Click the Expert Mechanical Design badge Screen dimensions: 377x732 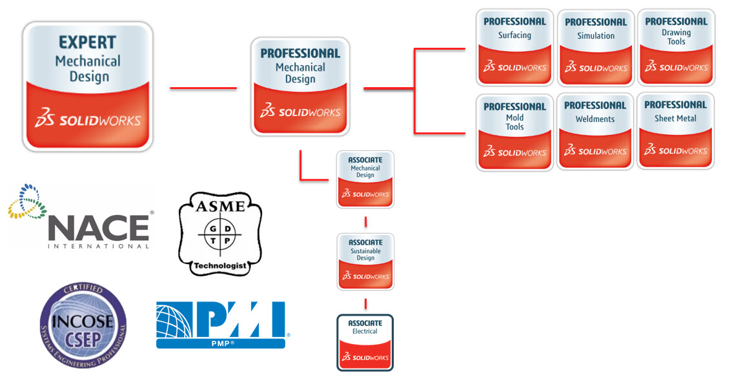click(x=88, y=87)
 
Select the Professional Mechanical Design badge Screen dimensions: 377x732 click(x=300, y=86)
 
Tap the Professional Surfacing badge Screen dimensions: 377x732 click(x=514, y=46)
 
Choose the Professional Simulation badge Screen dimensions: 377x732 click(x=596, y=47)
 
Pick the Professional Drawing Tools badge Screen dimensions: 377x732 click(x=676, y=46)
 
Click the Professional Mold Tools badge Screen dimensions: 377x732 click(x=514, y=132)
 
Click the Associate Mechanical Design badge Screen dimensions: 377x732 click(x=365, y=179)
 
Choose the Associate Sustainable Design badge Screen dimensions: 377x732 click(x=365, y=261)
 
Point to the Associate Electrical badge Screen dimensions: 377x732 click(x=365, y=342)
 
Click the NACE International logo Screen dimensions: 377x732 click(x=81, y=219)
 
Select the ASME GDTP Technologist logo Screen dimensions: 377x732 click(x=220, y=233)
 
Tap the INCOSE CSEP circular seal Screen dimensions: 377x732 click(x=83, y=325)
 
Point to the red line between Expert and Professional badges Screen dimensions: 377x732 click(x=202, y=88)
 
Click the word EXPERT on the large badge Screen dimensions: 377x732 click(x=88, y=43)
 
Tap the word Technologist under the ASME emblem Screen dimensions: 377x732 click(x=220, y=265)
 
